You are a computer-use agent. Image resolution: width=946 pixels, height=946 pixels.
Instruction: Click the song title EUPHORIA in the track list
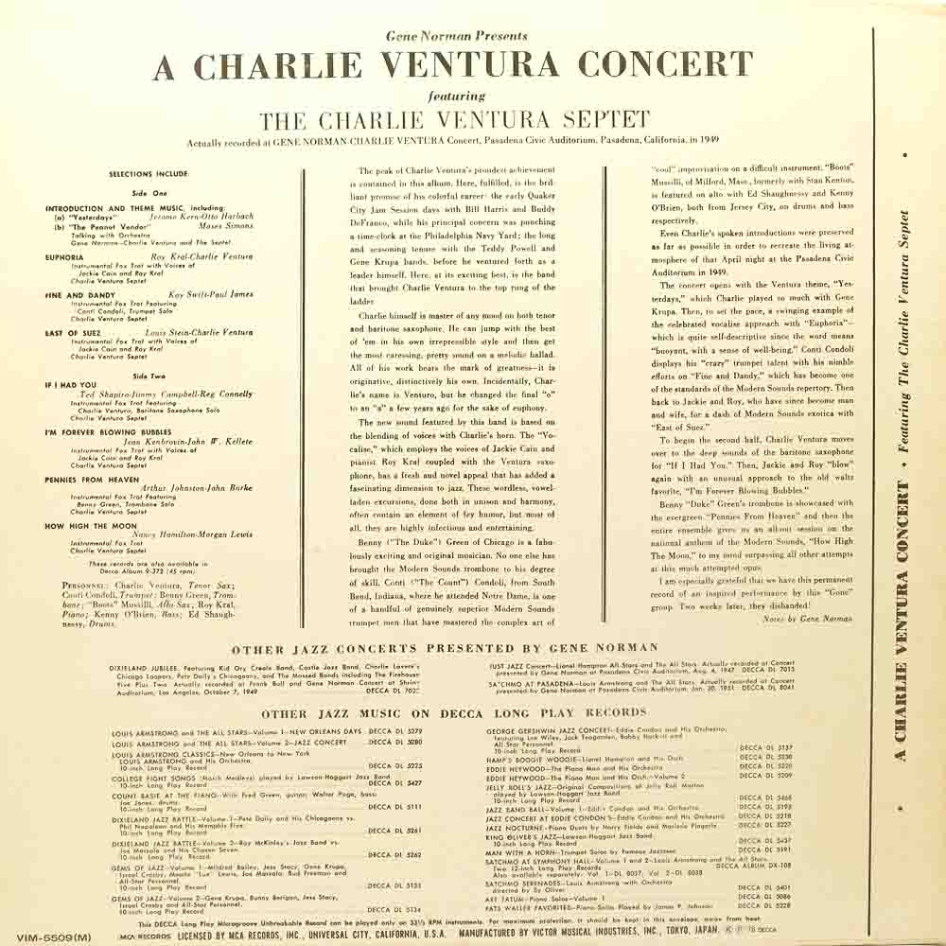65,256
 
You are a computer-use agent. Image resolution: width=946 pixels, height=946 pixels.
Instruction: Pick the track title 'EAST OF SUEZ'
73,333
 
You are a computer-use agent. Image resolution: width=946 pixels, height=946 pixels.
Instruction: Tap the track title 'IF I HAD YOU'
71,385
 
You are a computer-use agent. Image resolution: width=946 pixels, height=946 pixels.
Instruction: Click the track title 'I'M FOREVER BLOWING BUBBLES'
108,431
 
